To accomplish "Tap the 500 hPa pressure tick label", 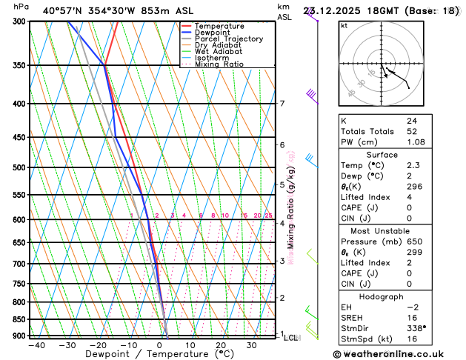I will point(21,168).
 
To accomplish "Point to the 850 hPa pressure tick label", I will point(21,320).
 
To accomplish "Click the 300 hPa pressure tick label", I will point(21,21).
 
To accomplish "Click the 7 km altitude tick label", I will point(282,104).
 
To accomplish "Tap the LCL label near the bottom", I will point(290,338).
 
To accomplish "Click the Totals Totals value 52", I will point(411,131).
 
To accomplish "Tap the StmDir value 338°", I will point(416,327).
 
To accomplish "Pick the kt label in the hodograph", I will point(344,26).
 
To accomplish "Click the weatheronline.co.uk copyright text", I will point(398,354).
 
